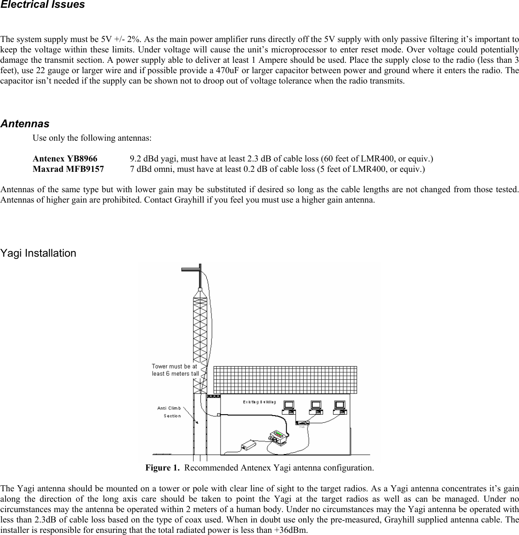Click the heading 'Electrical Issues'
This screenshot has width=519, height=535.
[42, 5]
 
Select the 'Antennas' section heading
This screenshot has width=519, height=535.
[25, 124]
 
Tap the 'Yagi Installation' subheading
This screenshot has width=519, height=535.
[38, 253]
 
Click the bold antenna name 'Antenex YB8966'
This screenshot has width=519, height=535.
[65, 158]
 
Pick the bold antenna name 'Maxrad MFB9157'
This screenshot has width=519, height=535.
[68, 169]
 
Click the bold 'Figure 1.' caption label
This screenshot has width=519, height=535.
[162, 468]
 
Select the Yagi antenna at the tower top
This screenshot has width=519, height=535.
[192, 269]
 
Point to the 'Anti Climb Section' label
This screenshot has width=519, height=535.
[170, 412]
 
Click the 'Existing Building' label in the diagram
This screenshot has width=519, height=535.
[259, 402]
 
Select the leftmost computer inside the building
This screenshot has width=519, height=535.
[288, 407]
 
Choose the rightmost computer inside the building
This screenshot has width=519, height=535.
[340, 407]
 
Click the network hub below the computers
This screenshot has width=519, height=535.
[302, 423]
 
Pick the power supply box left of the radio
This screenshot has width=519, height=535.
[248, 445]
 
